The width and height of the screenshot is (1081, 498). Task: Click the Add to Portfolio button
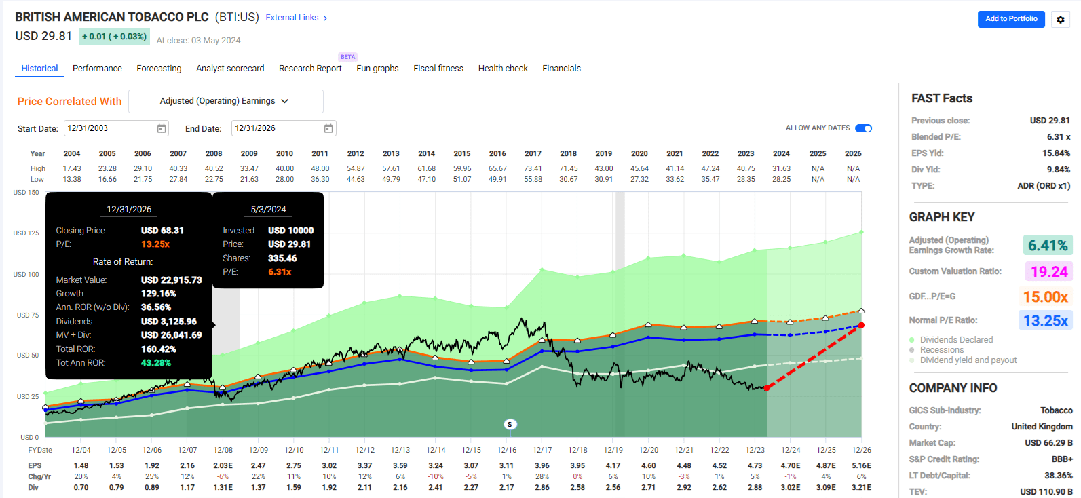coord(1010,19)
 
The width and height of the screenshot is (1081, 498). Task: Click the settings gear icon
coord(1061,20)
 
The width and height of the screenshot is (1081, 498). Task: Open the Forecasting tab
coord(159,69)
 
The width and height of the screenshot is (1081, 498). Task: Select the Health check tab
coord(503,69)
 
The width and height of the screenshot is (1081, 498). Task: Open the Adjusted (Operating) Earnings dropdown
coord(225,101)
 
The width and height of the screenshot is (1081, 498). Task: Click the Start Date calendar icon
coord(162,128)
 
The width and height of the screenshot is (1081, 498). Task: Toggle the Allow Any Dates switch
coord(863,128)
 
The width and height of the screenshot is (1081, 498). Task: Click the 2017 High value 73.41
coord(533,168)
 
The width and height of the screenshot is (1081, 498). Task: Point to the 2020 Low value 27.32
coord(639,179)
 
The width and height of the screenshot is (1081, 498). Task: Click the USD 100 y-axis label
coord(26,274)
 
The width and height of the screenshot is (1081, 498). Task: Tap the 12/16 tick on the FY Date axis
coord(507,450)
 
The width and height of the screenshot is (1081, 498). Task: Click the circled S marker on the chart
coord(510,424)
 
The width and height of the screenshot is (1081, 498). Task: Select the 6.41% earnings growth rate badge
coord(1048,245)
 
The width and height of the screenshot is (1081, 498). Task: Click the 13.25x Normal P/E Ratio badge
coord(1045,320)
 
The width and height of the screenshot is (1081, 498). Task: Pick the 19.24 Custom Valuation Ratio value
coord(1049,271)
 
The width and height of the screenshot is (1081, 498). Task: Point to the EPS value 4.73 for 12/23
coord(755,465)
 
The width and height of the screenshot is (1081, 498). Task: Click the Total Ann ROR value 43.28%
coord(156,363)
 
